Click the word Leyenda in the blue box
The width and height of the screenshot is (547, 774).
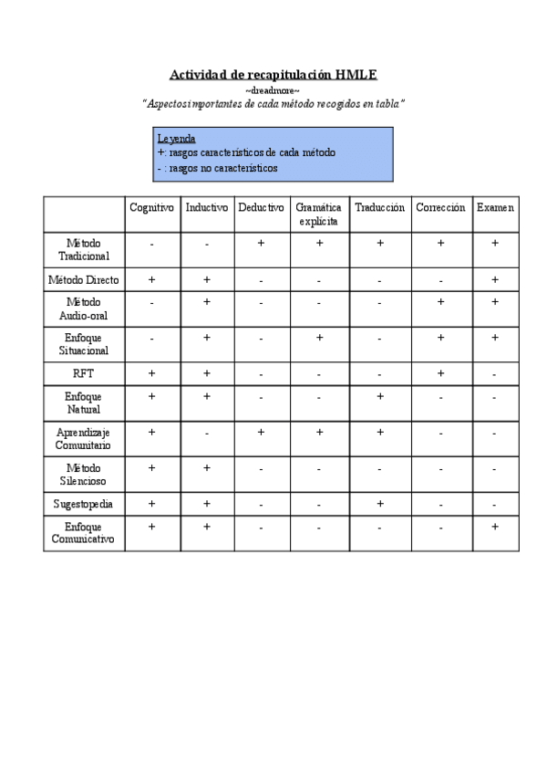click(176, 138)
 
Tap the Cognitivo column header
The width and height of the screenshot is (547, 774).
click(151, 208)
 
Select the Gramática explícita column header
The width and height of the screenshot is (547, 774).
click(319, 214)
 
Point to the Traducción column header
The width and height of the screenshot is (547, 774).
click(380, 208)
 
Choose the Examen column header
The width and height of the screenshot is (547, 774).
click(495, 208)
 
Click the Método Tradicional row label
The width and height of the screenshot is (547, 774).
click(84, 250)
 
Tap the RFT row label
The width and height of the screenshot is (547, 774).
click(84, 373)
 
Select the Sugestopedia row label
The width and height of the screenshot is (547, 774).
click(84, 504)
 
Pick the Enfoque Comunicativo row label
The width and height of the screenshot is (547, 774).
click(84, 533)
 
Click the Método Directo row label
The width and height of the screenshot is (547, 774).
click(84, 279)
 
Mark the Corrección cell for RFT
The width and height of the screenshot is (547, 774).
click(440, 373)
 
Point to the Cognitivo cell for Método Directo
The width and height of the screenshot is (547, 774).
click(151, 279)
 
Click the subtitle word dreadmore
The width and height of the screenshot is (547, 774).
click(273, 90)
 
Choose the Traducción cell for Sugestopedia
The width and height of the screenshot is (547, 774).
click(380, 504)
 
